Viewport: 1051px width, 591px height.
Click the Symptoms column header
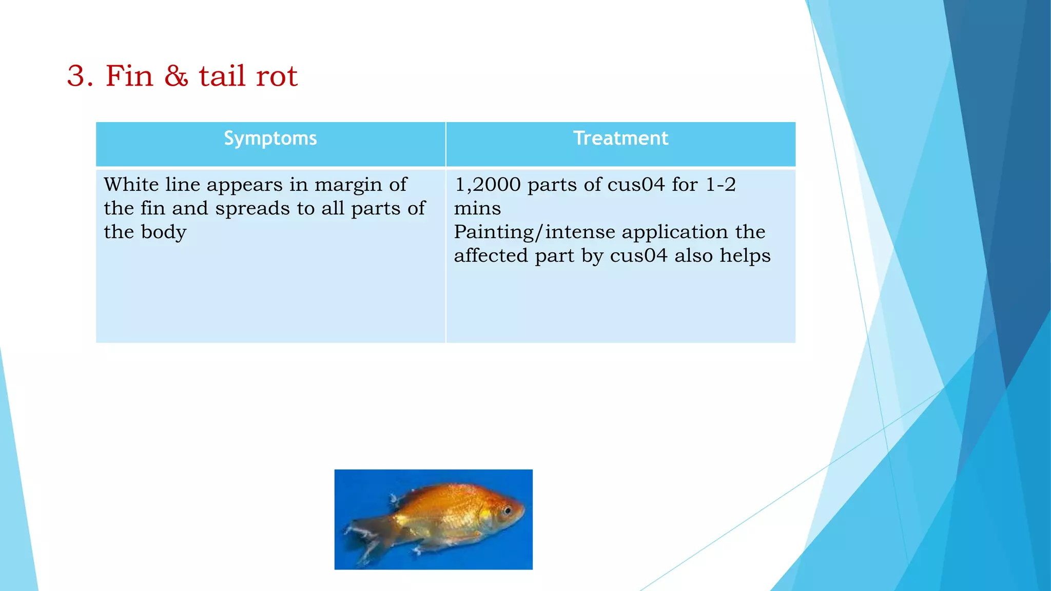point(270,139)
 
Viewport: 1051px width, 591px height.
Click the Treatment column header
point(620,139)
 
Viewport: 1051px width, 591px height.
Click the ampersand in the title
point(176,76)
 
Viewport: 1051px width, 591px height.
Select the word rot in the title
point(277,76)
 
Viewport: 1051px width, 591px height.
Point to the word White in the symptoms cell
point(131,184)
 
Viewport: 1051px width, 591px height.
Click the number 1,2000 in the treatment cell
point(488,185)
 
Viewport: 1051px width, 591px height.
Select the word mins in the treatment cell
point(477,209)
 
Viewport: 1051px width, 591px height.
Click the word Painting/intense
point(534,232)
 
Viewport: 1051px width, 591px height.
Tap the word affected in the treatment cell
point(491,255)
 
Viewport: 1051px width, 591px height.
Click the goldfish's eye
point(507,510)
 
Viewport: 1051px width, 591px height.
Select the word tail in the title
point(222,76)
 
